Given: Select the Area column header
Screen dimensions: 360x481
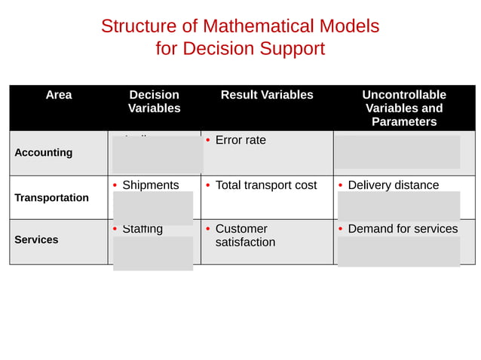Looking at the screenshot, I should click(x=59, y=95).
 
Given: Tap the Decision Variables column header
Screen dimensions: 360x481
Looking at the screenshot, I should click(x=154, y=102).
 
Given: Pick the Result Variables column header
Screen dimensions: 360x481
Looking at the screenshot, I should click(x=267, y=95).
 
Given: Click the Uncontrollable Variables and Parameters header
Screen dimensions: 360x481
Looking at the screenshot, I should click(x=404, y=108).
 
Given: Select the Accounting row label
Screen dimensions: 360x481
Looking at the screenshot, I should click(x=44, y=153).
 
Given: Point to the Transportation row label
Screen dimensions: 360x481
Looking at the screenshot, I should click(x=51, y=198).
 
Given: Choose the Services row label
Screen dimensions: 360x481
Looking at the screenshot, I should click(x=36, y=240).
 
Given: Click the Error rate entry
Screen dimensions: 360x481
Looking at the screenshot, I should click(x=240, y=140).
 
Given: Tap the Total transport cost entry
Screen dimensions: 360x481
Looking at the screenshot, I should click(x=266, y=185).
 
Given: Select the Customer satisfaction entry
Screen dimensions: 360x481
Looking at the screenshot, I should click(x=245, y=236).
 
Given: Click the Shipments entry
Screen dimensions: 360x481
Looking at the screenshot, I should click(x=151, y=185).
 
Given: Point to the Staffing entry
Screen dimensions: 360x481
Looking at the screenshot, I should click(x=142, y=229).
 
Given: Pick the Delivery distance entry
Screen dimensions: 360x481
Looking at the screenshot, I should click(x=393, y=185).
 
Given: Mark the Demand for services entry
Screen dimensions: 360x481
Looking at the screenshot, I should click(x=403, y=229).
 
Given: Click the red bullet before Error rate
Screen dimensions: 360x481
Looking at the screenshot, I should click(x=208, y=141).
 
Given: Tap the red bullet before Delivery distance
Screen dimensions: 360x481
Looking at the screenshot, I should click(x=341, y=186).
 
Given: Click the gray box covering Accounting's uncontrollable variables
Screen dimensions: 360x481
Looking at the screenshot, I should click(x=397, y=152).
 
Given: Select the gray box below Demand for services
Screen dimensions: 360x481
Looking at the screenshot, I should click(x=399, y=252).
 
